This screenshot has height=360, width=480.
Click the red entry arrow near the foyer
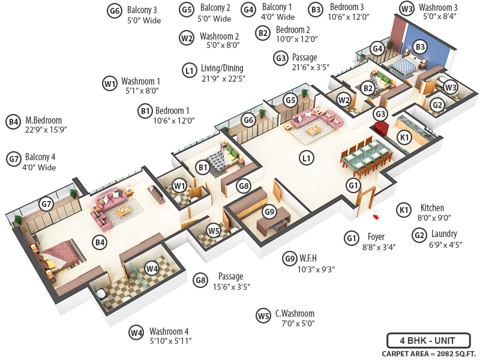(376, 217)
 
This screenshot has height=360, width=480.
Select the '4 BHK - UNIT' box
(428, 340)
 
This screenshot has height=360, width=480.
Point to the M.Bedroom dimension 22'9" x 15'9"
(46, 131)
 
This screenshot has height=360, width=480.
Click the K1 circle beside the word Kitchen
(404, 209)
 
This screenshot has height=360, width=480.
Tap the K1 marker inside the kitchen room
(404, 137)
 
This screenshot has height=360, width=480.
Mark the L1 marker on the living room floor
(307, 159)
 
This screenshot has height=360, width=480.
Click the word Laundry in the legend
(443, 233)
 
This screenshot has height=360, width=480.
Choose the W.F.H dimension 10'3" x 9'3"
(317, 269)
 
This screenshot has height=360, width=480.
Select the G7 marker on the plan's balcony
(46, 205)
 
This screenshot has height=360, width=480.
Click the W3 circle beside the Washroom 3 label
(407, 8)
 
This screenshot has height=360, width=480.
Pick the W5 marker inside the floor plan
(214, 230)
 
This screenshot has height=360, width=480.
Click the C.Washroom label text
(295, 314)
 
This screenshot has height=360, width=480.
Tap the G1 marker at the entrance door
(353, 187)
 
